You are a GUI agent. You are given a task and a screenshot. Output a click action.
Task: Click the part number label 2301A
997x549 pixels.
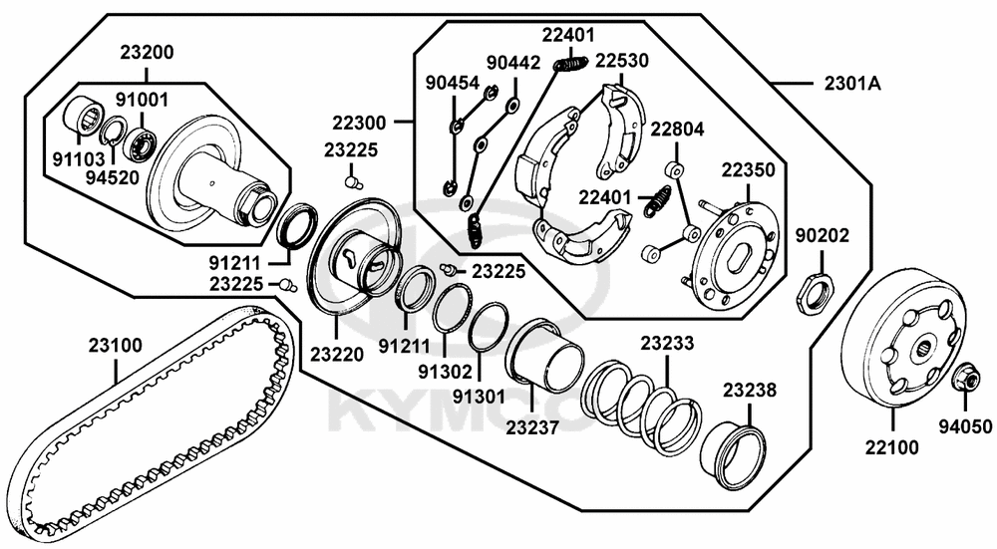click(x=852, y=84)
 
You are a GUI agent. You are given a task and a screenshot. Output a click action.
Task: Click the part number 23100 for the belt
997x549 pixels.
click(x=115, y=346)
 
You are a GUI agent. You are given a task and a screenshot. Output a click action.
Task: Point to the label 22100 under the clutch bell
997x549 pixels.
click(x=891, y=447)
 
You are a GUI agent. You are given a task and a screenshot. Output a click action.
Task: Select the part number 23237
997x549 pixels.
click(x=532, y=427)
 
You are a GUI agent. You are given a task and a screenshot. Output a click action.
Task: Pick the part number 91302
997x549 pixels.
click(x=445, y=370)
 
